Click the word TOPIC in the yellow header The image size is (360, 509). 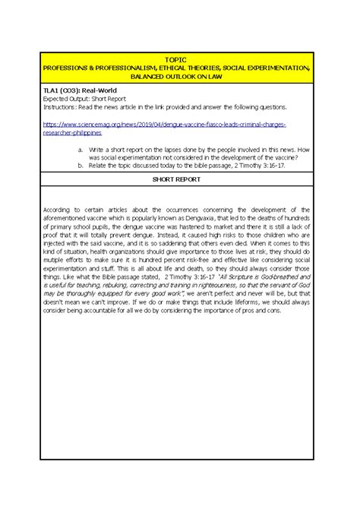[179, 58]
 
